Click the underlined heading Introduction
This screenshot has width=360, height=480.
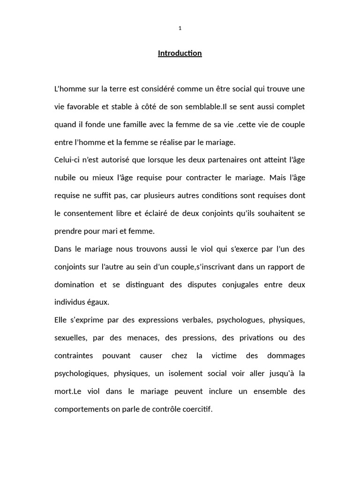click(x=180, y=53)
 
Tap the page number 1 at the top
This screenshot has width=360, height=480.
click(x=180, y=28)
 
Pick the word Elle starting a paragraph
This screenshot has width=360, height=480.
click(x=61, y=320)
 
